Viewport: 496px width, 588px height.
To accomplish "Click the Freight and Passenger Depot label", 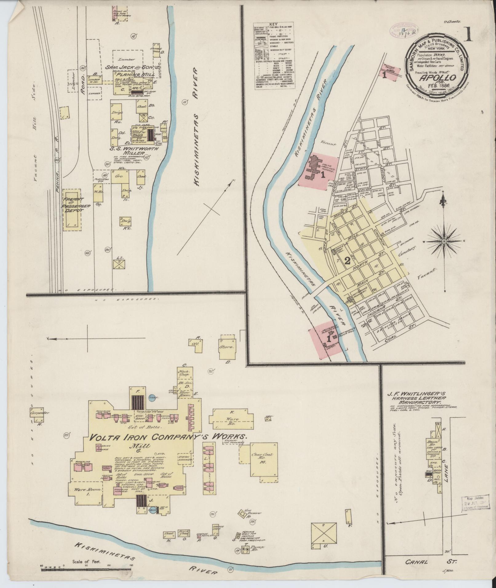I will click(x=73, y=206).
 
